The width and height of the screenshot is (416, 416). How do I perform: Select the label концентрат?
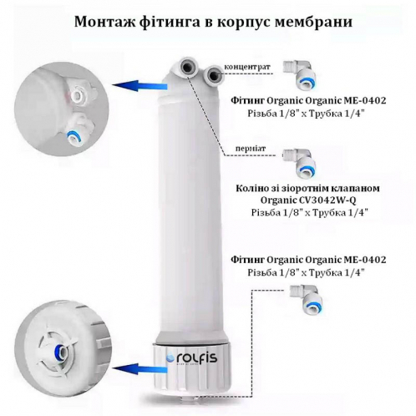(x=252, y=63)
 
